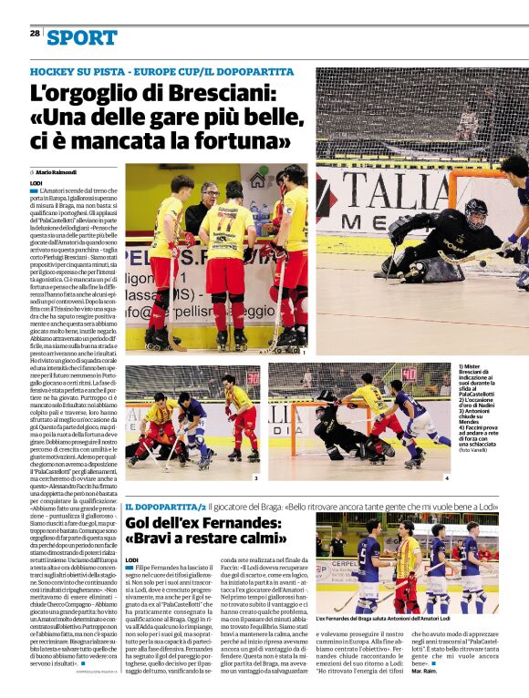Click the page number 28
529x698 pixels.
pyautogui.click(x=35, y=33)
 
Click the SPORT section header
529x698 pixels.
pyautogui.click(x=82, y=37)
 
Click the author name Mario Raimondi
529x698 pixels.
pyautogui.click(x=56, y=172)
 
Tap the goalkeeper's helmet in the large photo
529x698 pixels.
pyautogui.click(x=475, y=213)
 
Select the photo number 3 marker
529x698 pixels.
pyautogui.click(x=256, y=477)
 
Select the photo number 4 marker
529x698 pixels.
pyautogui.click(x=446, y=477)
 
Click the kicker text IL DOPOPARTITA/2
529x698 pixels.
pyautogui.click(x=165, y=506)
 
